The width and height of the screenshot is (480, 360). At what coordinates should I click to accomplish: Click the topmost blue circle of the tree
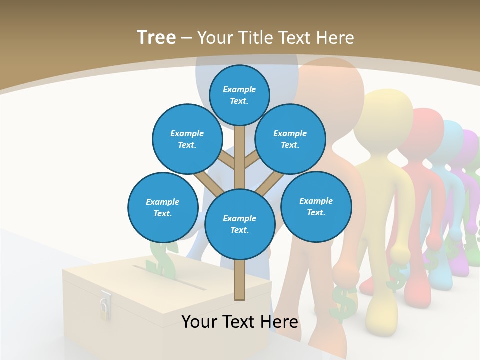point(239,95)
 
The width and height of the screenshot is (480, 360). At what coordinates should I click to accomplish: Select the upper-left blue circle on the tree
point(187,139)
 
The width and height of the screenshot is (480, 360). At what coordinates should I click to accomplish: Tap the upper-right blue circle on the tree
point(290,139)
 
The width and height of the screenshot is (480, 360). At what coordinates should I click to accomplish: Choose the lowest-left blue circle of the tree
point(163,207)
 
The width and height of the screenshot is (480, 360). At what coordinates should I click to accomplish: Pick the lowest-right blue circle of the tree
point(316,206)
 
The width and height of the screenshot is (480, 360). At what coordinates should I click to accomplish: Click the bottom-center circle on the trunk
point(240,224)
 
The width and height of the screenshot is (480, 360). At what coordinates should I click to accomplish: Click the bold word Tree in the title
point(156,37)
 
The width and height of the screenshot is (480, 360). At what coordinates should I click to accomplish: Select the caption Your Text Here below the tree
point(240,322)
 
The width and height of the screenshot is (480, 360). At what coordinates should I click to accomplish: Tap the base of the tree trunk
point(240,292)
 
